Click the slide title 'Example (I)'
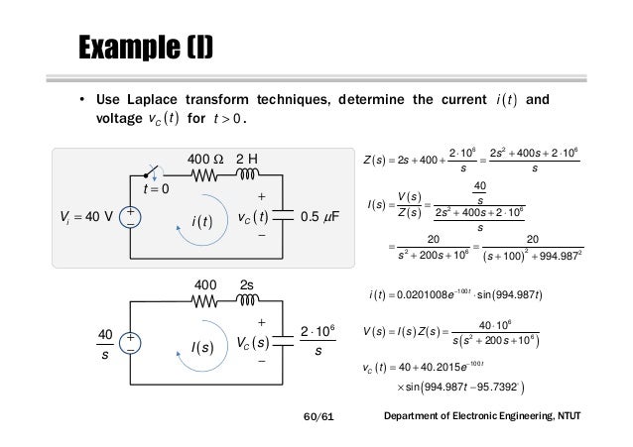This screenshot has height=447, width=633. (x=145, y=47)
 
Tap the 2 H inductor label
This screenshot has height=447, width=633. (x=246, y=158)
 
